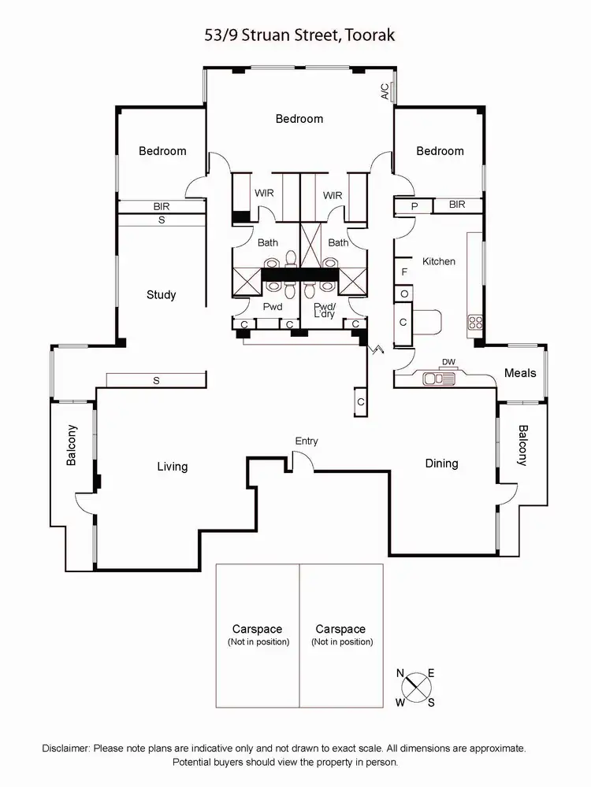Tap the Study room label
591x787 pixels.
tap(161, 295)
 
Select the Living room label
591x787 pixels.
tap(172, 467)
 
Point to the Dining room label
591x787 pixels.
tap(441, 464)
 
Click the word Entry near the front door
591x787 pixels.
tap(307, 442)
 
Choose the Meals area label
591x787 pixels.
tap(520, 373)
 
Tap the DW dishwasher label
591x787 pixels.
tap(448, 362)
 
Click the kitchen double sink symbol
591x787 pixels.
tap(439, 379)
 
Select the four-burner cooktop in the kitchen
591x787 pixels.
tap(476, 321)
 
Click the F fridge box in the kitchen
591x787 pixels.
tap(404, 272)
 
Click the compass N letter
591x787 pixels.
tap(400, 673)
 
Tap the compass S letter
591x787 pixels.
tap(431, 703)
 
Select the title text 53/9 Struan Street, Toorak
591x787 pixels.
tap(295, 35)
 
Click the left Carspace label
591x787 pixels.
tap(257, 630)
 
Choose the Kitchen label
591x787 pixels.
tap(439, 261)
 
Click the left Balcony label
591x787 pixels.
tap(72, 445)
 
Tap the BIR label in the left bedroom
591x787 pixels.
tap(162, 206)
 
